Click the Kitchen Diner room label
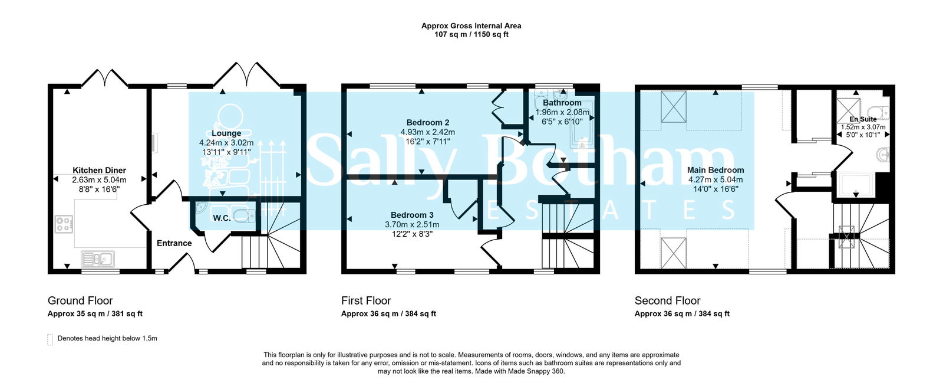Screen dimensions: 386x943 [x=99, y=171]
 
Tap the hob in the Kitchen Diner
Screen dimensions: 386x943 [x=64, y=224]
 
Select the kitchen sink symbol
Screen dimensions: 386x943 [x=98, y=259]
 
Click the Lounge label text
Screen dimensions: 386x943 [x=226, y=133]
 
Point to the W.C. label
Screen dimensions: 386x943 [x=222, y=218]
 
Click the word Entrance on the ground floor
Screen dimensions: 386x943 [x=174, y=243]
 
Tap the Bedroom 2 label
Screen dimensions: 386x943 [x=427, y=123]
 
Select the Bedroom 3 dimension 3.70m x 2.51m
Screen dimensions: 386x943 [x=412, y=224]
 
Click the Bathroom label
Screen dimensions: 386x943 [x=562, y=103]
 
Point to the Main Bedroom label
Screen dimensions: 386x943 [x=716, y=170]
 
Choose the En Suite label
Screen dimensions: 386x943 [x=863, y=119]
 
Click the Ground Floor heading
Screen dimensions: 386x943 [x=80, y=300]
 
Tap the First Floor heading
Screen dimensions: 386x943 [x=366, y=300]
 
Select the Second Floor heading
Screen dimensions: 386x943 [x=668, y=300]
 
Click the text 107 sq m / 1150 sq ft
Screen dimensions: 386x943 [x=471, y=34]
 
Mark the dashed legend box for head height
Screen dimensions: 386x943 [x=50, y=339]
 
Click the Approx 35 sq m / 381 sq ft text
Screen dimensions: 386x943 [x=95, y=314]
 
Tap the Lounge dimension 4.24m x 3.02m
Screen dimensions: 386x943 [x=226, y=143]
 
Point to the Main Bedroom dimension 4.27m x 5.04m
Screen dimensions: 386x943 [x=716, y=179]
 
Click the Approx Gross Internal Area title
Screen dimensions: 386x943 [x=471, y=25]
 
